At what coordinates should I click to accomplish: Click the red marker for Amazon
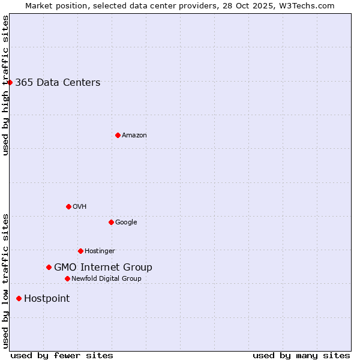pos(118,135)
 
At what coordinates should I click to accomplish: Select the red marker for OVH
pos(68,206)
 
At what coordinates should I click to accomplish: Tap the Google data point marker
pos(111,222)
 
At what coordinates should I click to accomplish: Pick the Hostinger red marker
pos(80,251)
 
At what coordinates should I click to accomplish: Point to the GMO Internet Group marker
pos(49,267)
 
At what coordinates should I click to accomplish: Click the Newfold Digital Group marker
pos(67,278)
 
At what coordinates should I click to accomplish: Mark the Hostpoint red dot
pos(19,298)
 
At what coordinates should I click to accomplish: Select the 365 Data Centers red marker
pos(10,82)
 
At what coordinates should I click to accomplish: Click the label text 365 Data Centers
pos(58,83)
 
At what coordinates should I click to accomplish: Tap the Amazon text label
pos(134,136)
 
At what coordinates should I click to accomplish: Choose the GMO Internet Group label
pos(103,268)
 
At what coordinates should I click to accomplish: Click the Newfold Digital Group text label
pos(106,278)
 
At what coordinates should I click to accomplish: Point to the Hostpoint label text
pos(47,299)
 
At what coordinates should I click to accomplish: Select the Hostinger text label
pos(100,251)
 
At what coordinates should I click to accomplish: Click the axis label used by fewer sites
pos(62,355)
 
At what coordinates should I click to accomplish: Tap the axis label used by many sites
pos(301,355)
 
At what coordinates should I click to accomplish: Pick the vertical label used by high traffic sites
pos(5,85)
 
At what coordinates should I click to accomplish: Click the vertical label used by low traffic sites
pos(5,281)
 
